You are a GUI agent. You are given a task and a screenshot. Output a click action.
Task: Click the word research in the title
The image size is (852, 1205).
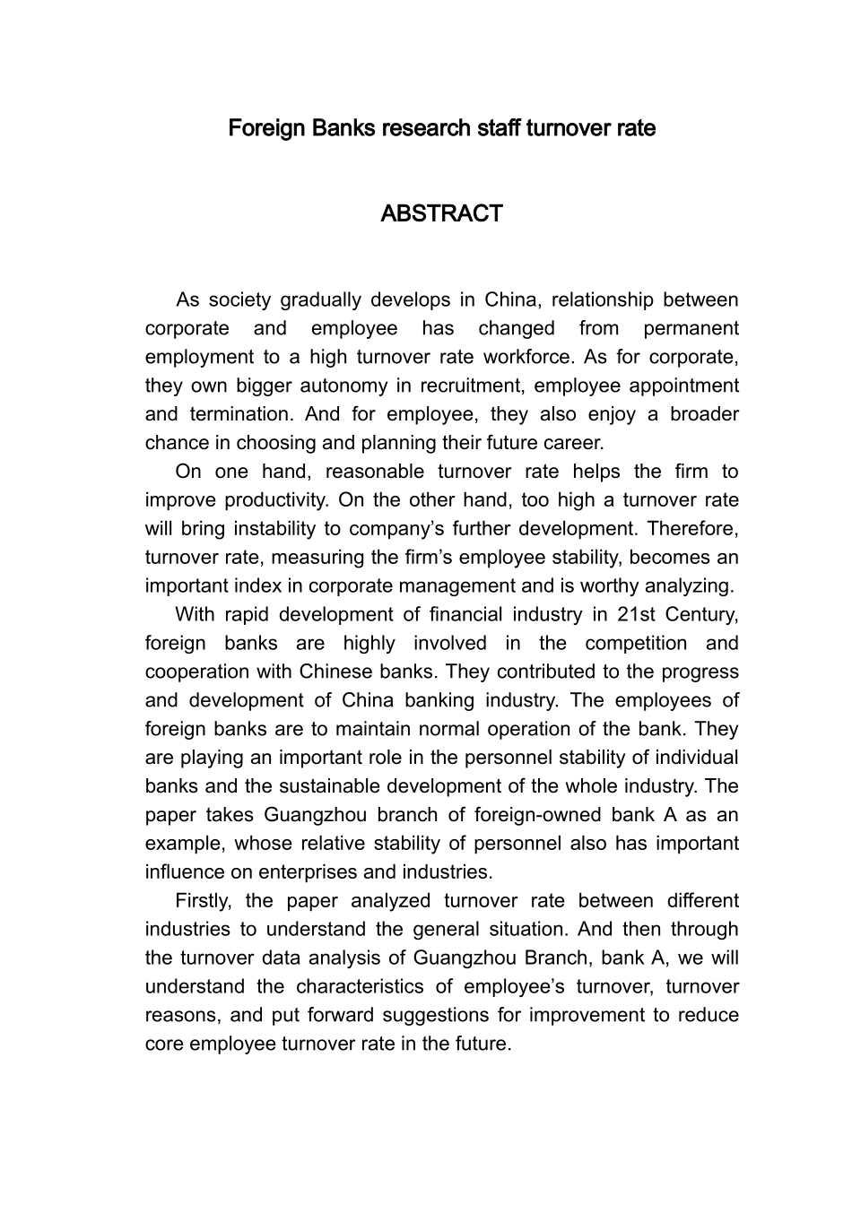(x=426, y=128)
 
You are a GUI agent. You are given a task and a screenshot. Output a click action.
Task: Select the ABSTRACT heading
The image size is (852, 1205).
(x=441, y=214)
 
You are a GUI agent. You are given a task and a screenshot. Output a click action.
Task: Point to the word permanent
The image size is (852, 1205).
(x=691, y=328)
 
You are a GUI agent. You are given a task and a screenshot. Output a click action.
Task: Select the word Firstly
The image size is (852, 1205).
(x=204, y=901)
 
